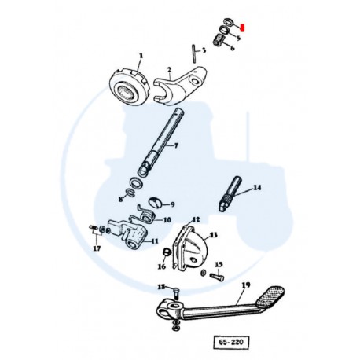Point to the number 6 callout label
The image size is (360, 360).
click(x=233, y=47)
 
